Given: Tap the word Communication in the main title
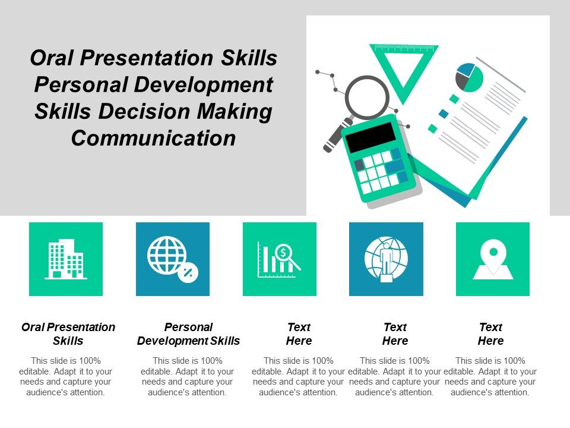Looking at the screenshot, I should click(x=153, y=137).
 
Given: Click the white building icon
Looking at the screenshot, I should click(x=66, y=259).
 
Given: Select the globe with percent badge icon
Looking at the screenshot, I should click(x=172, y=259).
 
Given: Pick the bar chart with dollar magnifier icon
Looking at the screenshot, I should click(x=279, y=259).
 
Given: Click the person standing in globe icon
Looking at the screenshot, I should click(x=386, y=259).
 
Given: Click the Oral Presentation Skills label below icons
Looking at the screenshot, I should click(x=68, y=333).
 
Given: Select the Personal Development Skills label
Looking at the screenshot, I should click(x=188, y=333).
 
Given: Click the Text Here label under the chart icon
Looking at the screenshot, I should click(x=299, y=333).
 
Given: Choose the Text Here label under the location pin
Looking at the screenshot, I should click(x=490, y=333).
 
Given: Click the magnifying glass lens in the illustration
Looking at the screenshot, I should click(x=367, y=97).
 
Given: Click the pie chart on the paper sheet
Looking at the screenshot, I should click(x=469, y=77).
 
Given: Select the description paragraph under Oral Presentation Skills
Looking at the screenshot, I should click(x=66, y=376).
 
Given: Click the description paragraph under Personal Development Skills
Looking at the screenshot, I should click(x=188, y=376).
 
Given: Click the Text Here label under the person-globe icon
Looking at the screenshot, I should click(x=395, y=333).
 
